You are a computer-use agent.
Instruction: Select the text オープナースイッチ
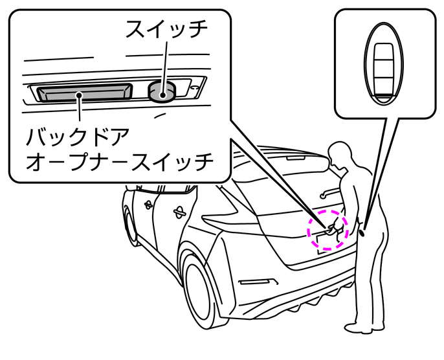pos(119,163)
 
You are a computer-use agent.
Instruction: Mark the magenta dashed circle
pos(327,229)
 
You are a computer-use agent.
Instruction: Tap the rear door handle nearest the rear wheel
pos(179,212)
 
